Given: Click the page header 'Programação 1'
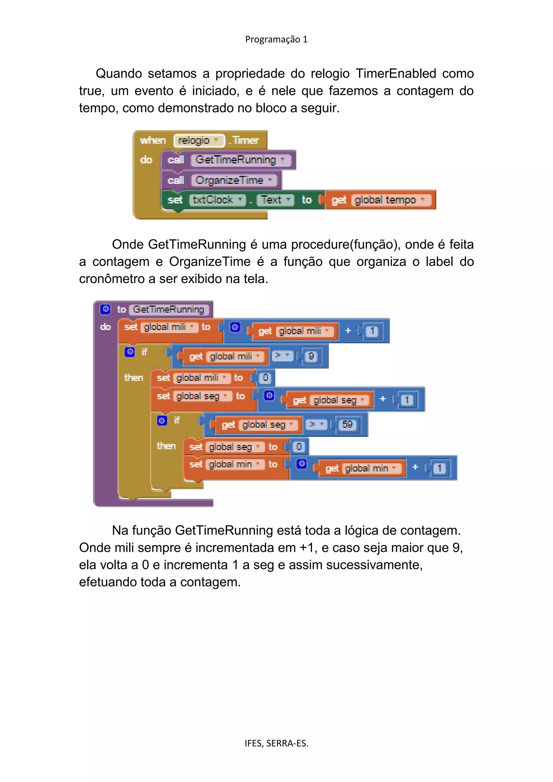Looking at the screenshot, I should pyautogui.click(x=276, y=39).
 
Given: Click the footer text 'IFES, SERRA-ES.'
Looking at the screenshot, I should pyautogui.click(x=276, y=743).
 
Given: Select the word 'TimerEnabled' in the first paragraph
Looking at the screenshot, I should pyautogui.click(x=396, y=73).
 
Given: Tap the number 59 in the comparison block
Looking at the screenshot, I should pyautogui.click(x=347, y=425).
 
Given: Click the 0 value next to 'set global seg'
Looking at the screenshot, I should pyautogui.click(x=299, y=447).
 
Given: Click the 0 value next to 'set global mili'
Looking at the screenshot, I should pyautogui.click(x=265, y=378).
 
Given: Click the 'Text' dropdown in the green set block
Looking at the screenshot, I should pyautogui.click(x=275, y=200).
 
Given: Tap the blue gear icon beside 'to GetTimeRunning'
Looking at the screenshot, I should pyautogui.click(x=106, y=309).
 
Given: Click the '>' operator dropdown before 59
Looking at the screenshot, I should pyautogui.click(x=316, y=425).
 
